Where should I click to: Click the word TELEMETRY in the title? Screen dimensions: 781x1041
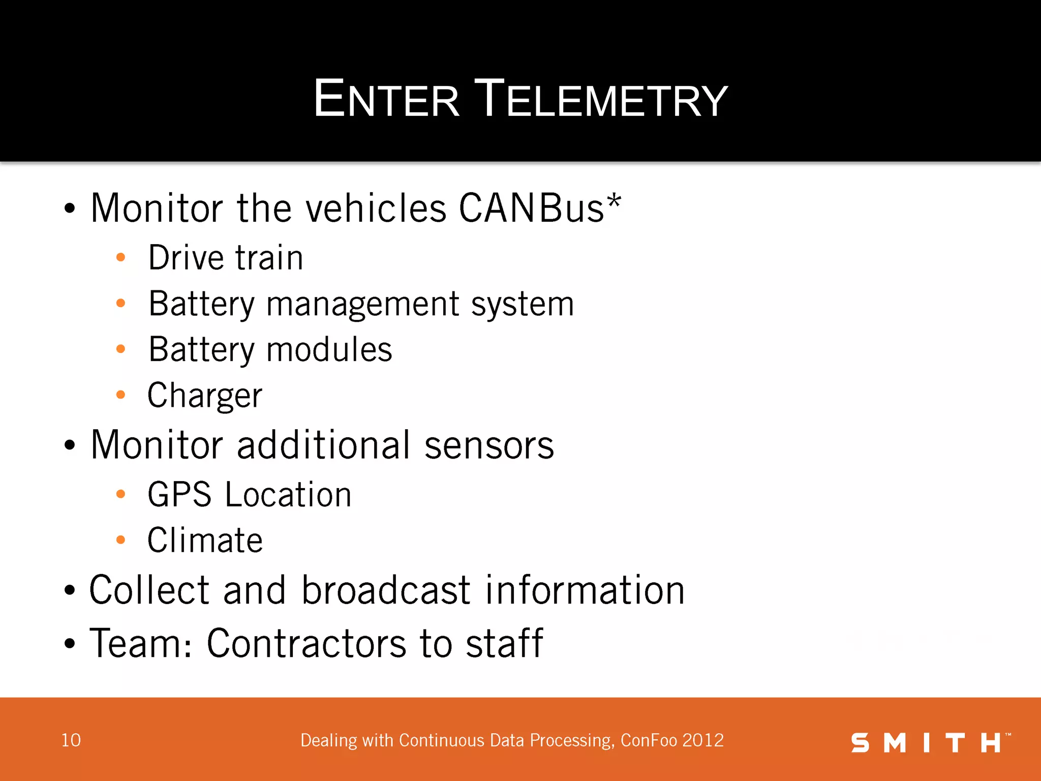602,99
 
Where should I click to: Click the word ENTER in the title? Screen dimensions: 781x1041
386,99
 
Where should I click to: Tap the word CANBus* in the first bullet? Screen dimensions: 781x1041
540,208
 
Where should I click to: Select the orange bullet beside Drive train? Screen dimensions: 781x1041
120,257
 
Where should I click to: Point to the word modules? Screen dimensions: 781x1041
329,350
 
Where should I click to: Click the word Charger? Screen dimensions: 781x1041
205,396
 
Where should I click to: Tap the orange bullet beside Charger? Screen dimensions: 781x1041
120,395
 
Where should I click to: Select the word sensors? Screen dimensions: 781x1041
489,445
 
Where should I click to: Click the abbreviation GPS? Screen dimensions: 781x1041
179,495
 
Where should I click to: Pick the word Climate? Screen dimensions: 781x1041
205,540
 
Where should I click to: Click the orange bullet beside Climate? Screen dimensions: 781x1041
120,539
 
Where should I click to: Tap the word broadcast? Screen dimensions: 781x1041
386,590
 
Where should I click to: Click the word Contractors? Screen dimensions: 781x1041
307,643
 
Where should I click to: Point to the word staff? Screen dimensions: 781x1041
504,643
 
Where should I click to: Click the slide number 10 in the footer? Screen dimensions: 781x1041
71,740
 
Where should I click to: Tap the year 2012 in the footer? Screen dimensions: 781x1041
703,740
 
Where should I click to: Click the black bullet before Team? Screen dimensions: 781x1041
70,644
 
